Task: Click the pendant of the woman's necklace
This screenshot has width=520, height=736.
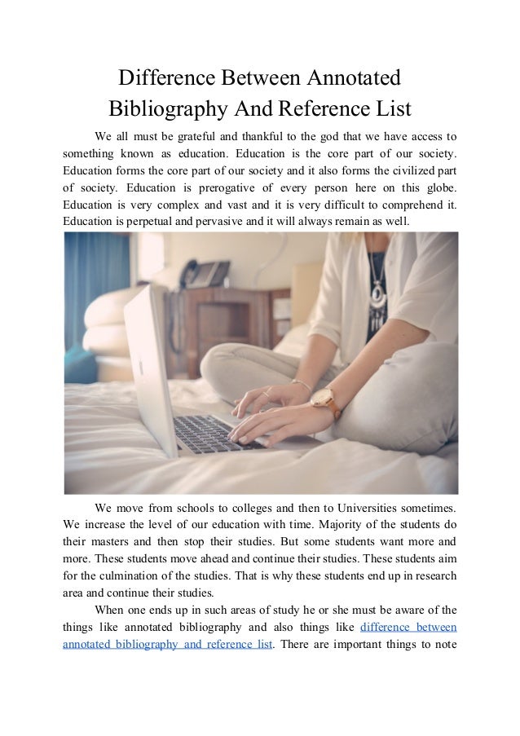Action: pos(377,291)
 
